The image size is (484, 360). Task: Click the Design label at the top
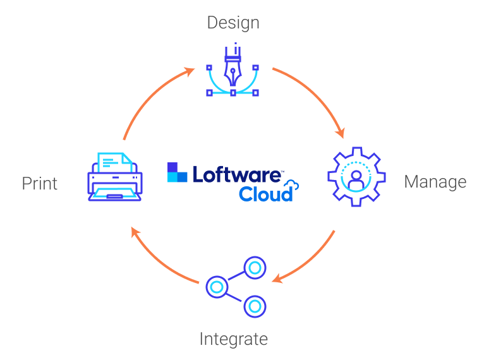point(233,23)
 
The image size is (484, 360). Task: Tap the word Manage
point(435,182)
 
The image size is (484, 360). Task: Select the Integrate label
point(233,339)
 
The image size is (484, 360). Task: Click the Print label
point(40,183)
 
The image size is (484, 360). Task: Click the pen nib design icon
point(233,70)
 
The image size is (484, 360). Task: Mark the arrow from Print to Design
point(152,97)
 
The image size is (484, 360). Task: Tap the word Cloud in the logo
point(265,194)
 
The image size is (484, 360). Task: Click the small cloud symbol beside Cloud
point(292,185)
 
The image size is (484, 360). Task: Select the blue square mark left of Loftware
point(178,172)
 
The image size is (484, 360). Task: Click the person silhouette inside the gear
point(356,176)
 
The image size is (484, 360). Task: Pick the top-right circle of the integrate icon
point(255,268)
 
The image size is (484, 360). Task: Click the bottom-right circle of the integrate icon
point(255,306)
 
